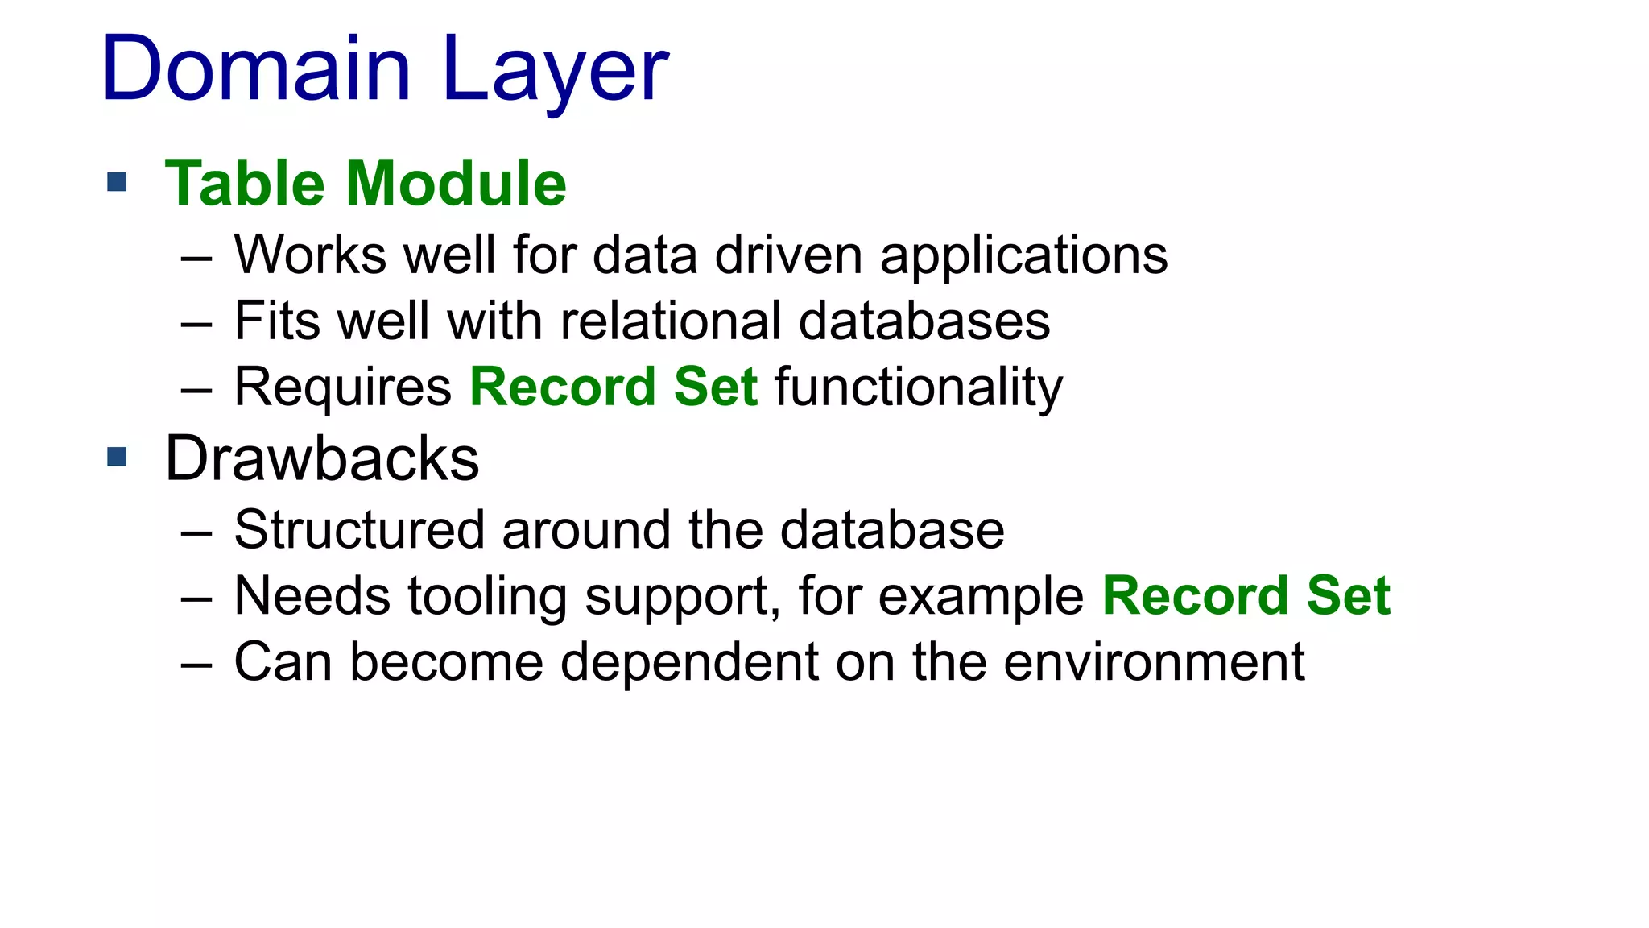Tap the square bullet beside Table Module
coord(117,182)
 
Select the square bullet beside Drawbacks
coord(117,458)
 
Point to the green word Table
coord(245,184)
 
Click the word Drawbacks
coord(322,458)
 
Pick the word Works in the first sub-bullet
coord(310,255)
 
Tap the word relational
coord(670,321)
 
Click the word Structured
coord(359,530)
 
